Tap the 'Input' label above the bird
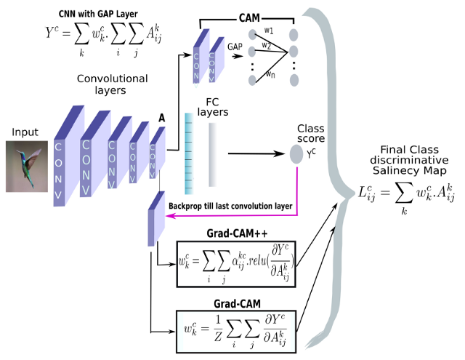pos(25,132)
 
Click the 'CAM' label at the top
pos(251,17)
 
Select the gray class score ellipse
pos(296,154)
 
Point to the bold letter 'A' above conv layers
pos(162,117)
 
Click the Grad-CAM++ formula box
pos(237,259)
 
